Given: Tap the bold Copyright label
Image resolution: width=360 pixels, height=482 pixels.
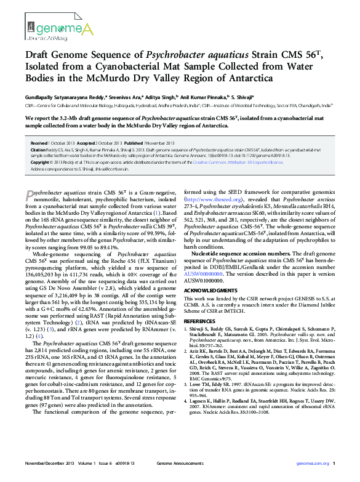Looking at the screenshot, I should click(x=41, y=162).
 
